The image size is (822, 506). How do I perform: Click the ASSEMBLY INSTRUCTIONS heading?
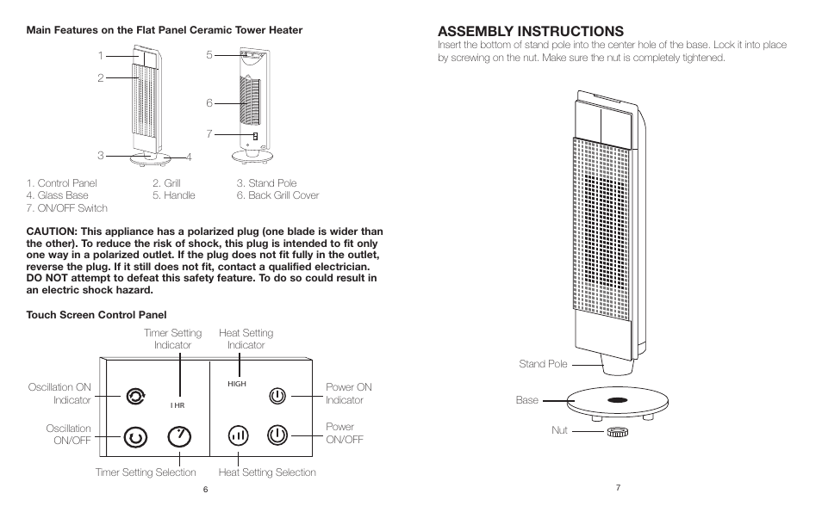pyautogui.click(x=531, y=32)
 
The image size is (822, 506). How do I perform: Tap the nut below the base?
pyautogui.click(x=616, y=429)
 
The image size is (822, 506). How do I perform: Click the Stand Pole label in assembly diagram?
pyautogui.click(x=543, y=364)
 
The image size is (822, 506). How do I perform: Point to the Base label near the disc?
pyautogui.click(x=526, y=400)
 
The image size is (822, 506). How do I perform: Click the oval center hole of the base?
pyautogui.click(x=616, y=401)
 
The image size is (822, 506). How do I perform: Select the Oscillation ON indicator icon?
pyautogui.click(x=134, y=396)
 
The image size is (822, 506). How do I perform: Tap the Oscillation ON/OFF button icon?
pyautogui.click(x=134, y=436)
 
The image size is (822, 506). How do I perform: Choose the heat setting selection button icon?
pyautogui.click(x=239, y=436)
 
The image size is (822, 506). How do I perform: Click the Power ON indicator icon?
pyautogui.click(x=276, y=396)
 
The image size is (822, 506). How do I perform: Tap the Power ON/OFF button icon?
pyautogui.click(x=276, y=435)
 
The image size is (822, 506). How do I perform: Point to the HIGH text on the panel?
pyautogui.click(x=237, y=385)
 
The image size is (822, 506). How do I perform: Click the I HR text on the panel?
pyautogui.click(x=177, y=404)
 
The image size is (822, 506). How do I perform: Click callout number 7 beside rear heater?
pyautogui.click(x=209, y=134)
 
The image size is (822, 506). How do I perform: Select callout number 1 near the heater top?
pyautogui.click(x=101, y=56)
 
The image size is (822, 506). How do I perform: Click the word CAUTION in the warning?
pyautogui.click(x=51, y=231)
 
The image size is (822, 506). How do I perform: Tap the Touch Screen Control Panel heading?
pyautogui.click(x=97, y=315)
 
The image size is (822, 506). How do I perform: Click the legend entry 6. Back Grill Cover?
pyautogui.click(x=277, y=195)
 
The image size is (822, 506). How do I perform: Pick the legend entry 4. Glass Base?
pyautogui.click(x=58, y=195)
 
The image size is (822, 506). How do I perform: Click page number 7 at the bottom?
pyautogui.click(x=618, y=488)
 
